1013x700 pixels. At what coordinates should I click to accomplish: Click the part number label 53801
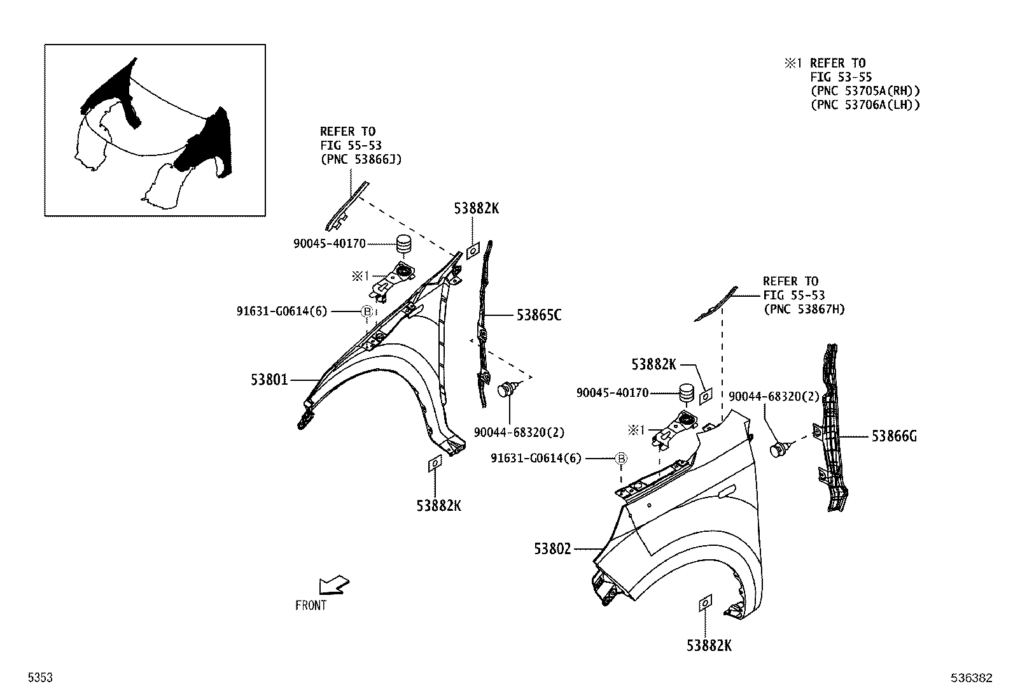tap(269, 380)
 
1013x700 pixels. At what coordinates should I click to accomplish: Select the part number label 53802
tap(552, 549)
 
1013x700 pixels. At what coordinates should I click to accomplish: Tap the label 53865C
tap(538, 315)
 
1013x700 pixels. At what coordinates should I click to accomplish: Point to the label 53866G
tap(894, 436)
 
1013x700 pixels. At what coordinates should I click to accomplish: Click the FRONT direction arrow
tap(334, 584)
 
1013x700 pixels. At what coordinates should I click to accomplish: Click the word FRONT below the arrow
tap(311, 606)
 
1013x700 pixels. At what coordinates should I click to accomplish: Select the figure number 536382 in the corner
tap(972, 679)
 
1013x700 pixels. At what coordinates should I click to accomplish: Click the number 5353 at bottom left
tap(39, 679)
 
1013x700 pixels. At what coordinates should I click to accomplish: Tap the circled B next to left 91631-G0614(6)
tap(367, 311)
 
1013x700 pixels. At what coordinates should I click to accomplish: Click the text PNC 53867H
tap(804, 309)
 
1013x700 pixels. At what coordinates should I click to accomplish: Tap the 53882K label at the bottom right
tap(709, 645)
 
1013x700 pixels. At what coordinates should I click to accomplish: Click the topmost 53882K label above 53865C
tap(476, 208)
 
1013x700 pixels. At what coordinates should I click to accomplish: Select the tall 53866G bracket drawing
tap(830, 427)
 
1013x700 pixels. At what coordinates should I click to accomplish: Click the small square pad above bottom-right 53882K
tap(705, 603)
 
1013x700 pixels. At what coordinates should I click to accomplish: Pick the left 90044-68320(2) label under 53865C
tap(519, 432)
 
